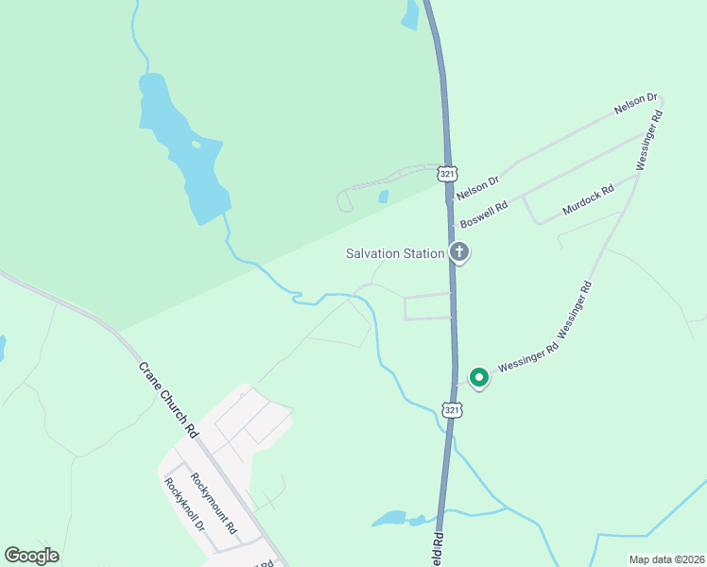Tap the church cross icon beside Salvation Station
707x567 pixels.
(x=459, y=252)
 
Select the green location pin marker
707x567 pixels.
(x=479, y=377)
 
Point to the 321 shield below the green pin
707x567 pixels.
(x=453, y=409)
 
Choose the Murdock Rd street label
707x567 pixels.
(x=588, y=201)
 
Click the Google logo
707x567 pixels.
(x=31, y=556)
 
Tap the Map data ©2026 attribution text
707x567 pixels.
(x=665, y=559)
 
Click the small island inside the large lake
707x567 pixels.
(x=196, y=145)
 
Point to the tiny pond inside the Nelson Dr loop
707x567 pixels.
(x=384, y=198)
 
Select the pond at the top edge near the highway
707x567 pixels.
(x=410, y=15)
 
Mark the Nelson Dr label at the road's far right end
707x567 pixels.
(x=635, y=105)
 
